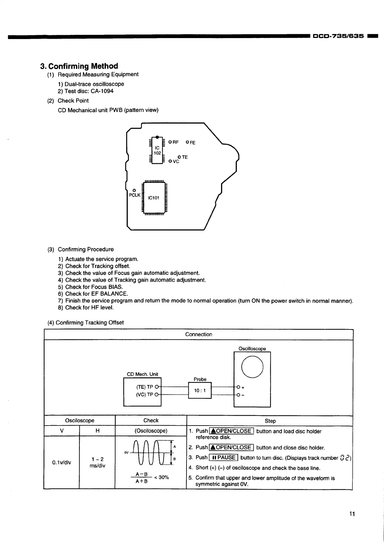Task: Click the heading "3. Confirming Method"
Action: [79, 66]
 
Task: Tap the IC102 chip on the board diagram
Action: [157, 150]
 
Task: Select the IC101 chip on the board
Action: [154, 198]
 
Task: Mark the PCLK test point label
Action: [135, 195]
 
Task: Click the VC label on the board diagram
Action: [176, 161]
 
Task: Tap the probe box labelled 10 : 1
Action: [200, 390]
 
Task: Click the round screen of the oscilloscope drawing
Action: [252, 367]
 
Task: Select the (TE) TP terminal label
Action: [145, 387]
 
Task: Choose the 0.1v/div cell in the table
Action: [62, 462]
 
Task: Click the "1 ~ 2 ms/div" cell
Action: [97, 462]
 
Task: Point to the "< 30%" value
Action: [161, 478]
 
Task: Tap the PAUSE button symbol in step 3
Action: [223, 458]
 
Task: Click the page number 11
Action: [352, 514]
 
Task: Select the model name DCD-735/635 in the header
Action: [339, 36]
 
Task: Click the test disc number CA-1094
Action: [102, 91]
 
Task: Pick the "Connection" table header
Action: [198, 334]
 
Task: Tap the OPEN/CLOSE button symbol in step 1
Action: [232, 431]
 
